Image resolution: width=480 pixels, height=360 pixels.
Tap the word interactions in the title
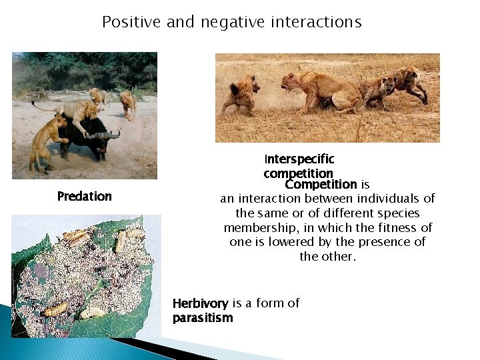point(316,22)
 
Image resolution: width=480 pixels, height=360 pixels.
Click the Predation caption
point(85,196)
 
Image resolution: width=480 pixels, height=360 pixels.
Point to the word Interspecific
point(299,159)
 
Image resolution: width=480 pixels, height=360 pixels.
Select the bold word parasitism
point(203,318)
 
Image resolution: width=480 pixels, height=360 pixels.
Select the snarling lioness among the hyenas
point(320,90)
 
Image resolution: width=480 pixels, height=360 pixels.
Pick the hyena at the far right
point(408,83)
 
